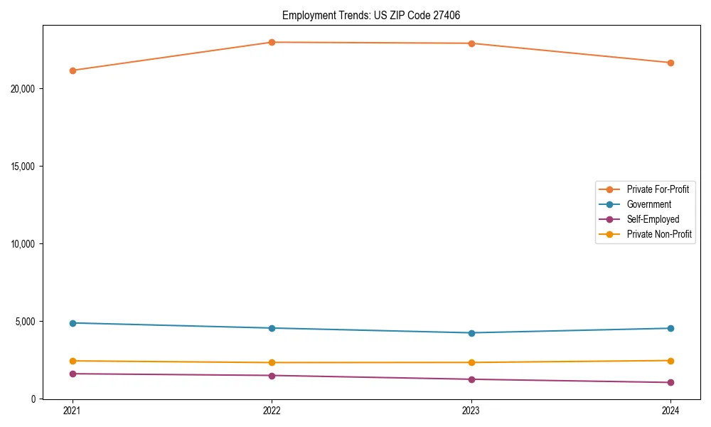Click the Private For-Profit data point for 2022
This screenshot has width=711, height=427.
click(272, 42)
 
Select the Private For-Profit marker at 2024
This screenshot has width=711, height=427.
click(670, 63)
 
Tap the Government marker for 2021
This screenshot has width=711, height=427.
click(73, 323)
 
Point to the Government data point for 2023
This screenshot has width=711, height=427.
click(471, 333)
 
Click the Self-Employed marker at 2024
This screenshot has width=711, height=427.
click(670, 382)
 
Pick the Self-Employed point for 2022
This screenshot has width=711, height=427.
click(272, 375)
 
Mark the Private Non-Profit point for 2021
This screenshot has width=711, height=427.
click(73, 361)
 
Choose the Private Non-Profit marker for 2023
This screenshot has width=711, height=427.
click(471, 362)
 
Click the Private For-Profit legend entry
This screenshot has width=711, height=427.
click(658, 189)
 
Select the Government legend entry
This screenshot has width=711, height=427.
click(648, 204)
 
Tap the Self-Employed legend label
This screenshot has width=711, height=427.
click(653, 219)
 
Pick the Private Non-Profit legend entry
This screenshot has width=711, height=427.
click(659, 234)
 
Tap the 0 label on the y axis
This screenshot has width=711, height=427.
click(33, 399)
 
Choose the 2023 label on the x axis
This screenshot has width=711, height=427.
click(471, 410)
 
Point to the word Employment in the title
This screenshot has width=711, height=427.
click(306, 15)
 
